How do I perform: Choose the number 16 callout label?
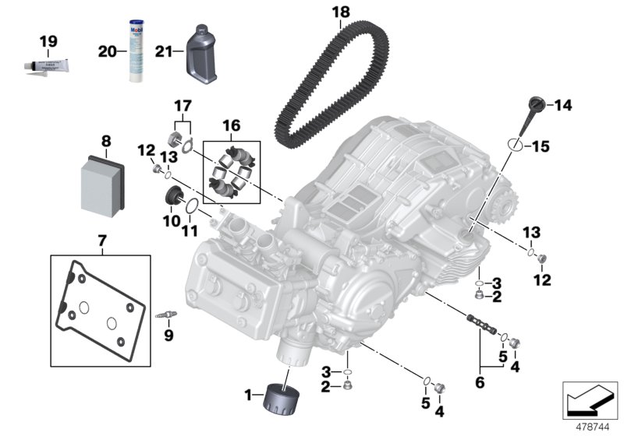tap(232, 125)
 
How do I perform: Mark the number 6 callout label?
tap(478, 383)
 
